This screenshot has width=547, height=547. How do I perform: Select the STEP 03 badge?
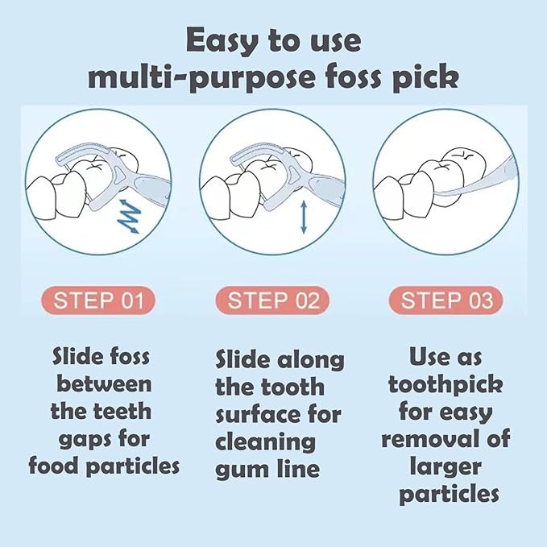tap(446, 301)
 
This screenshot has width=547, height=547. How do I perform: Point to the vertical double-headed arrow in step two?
tap(303, 218)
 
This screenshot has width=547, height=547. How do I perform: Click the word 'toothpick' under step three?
tap(445, 384)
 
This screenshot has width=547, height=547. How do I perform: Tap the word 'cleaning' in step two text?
tap(264, 441)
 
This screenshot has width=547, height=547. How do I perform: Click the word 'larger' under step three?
tap(445, 466)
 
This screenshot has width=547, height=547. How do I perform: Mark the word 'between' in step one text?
tap(103, 383)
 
